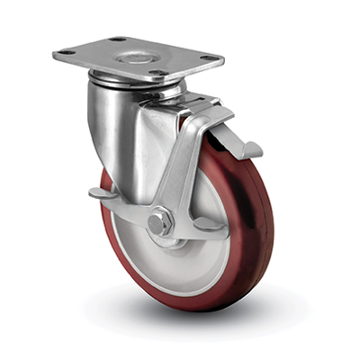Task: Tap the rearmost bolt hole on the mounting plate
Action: [x=118, y=40]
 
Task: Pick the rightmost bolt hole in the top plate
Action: [x=209, y=58]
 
